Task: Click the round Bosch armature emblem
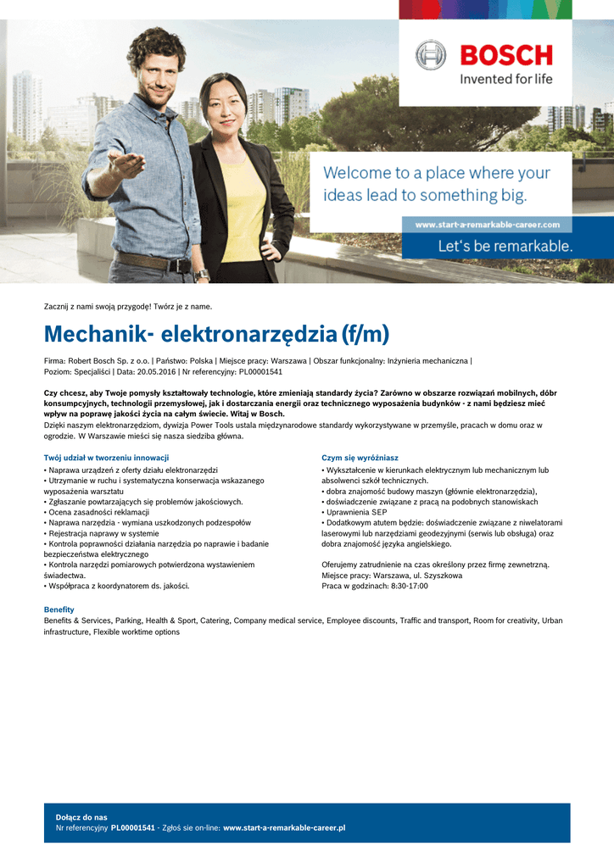(431, 55)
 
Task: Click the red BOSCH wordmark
(505, 55)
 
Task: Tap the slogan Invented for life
(505, 79)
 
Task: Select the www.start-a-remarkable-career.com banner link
(487, 225)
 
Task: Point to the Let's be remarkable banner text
(505, 247)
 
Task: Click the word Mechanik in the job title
(93, 334)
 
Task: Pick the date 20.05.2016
(159, 371)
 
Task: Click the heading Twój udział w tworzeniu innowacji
(106, 458)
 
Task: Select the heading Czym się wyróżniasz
(360, 458)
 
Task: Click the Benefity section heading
(59, 609)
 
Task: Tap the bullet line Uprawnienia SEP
(356, 512)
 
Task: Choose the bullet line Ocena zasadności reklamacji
(97, 512)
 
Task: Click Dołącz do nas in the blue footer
(81, 817)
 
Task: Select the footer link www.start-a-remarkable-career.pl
(284, 827)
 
